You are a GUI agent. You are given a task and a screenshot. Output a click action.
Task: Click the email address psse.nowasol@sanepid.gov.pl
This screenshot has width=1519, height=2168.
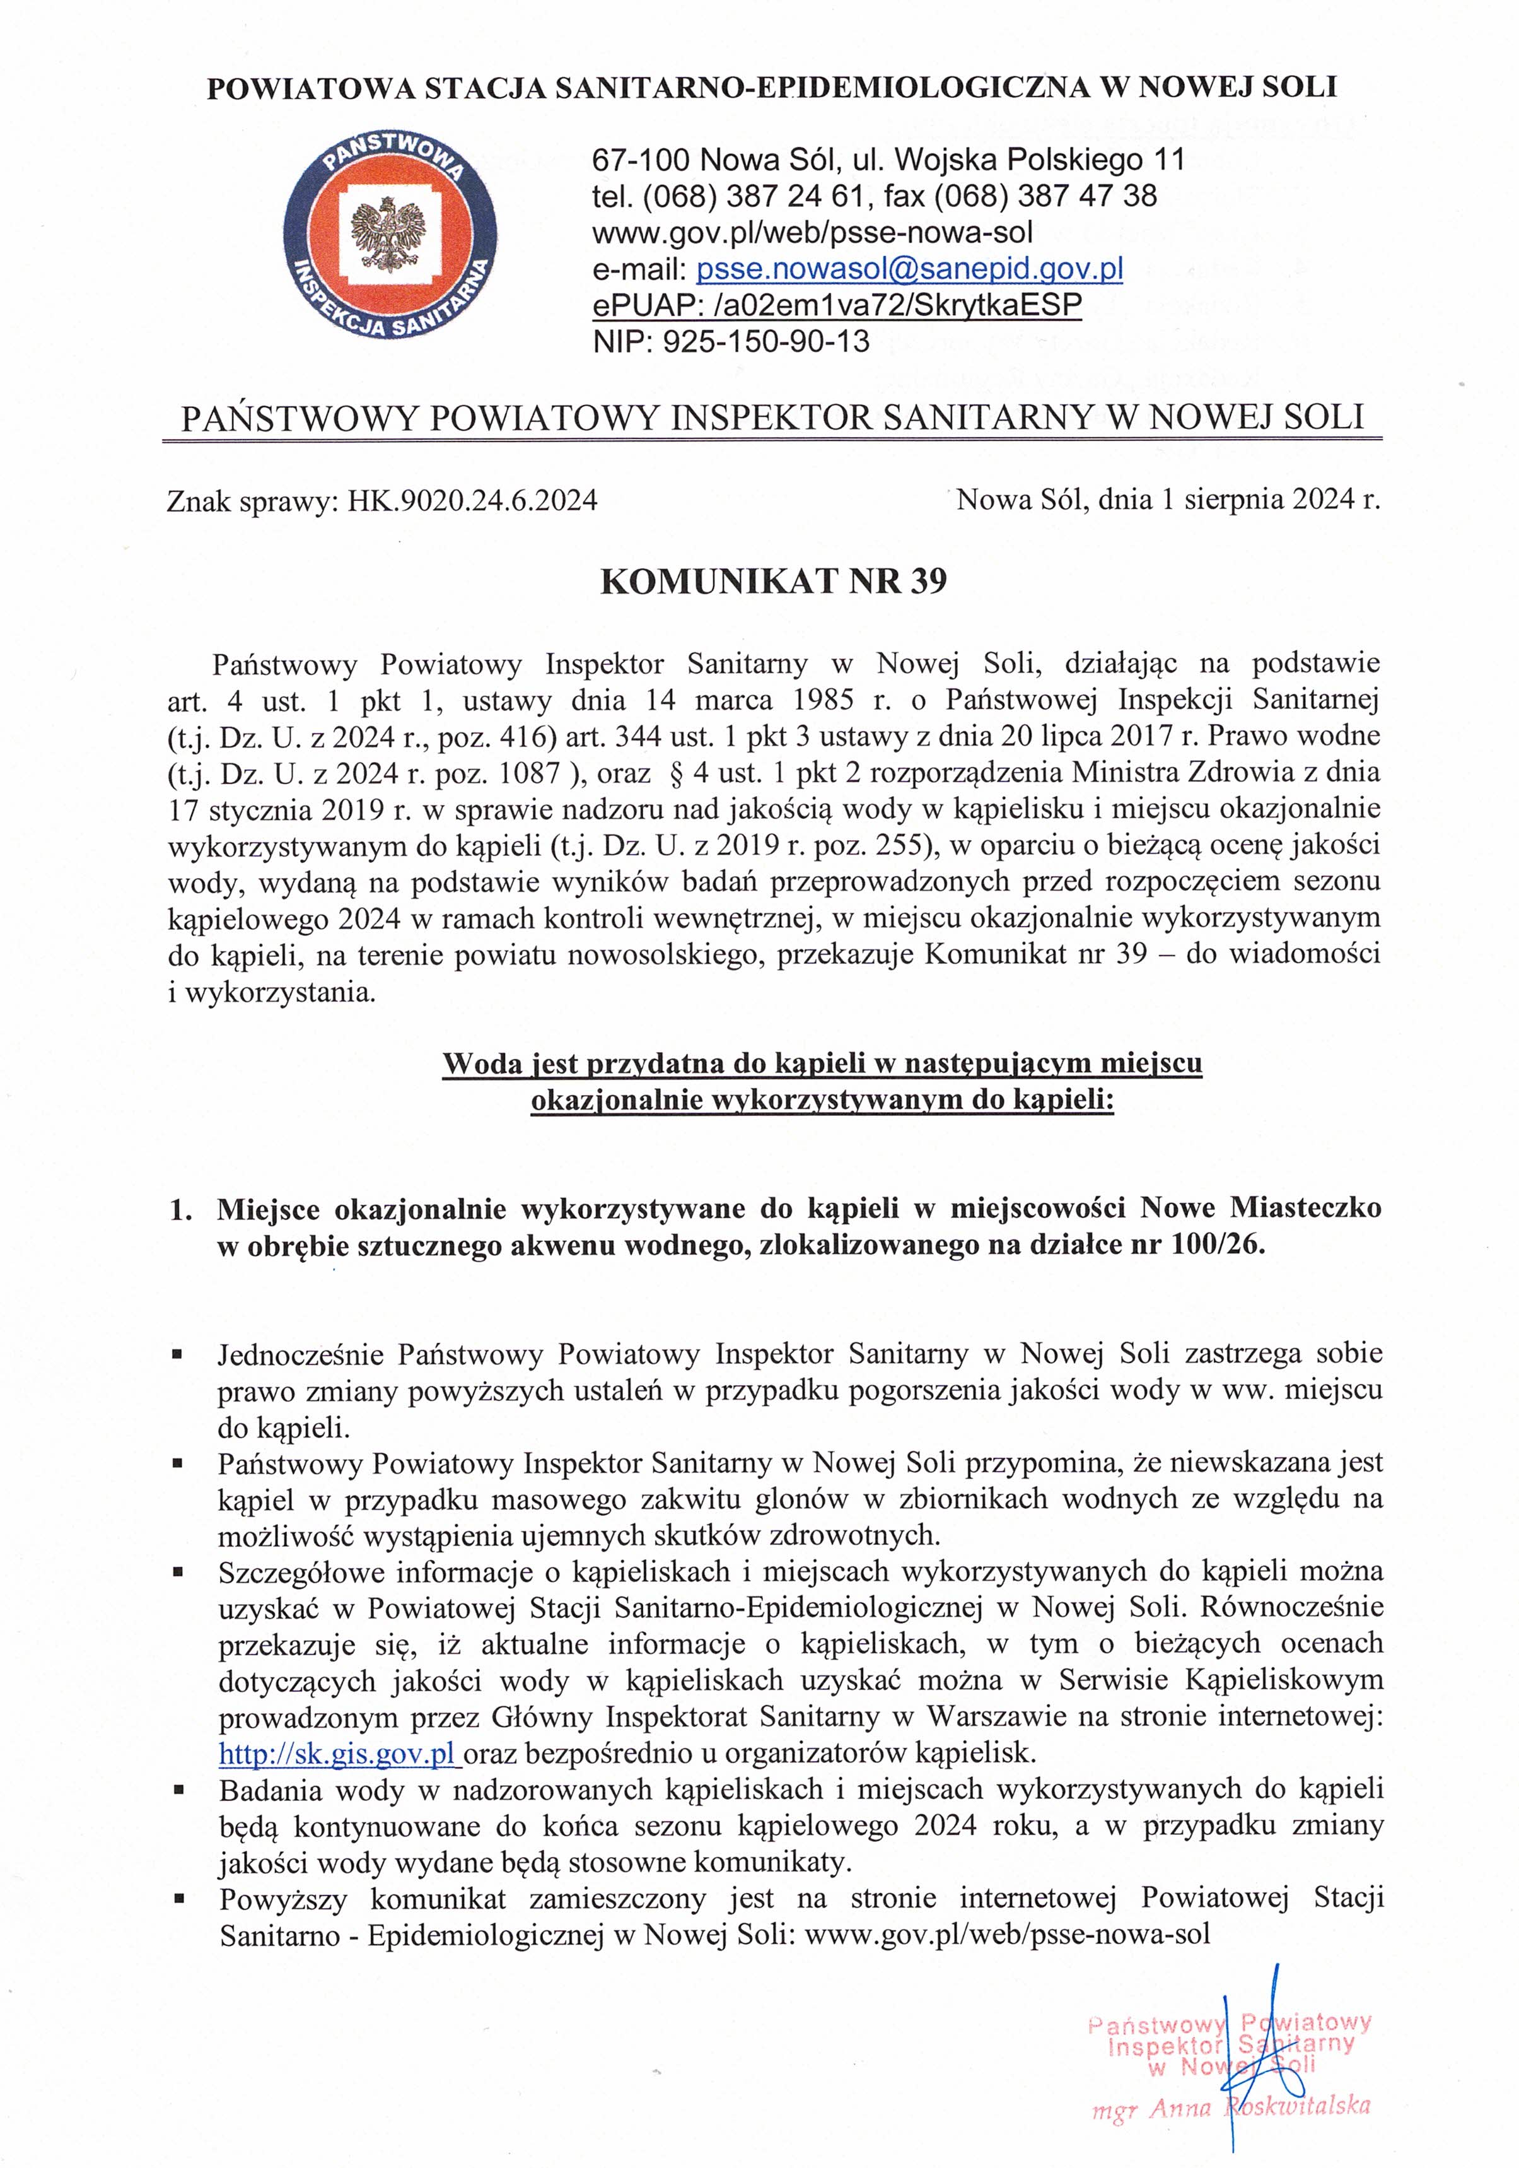click(909, 269)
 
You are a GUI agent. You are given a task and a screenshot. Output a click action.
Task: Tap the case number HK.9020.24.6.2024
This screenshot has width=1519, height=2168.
click(472, 500)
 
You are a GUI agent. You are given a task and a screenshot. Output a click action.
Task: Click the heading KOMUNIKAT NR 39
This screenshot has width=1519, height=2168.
click(773, 582)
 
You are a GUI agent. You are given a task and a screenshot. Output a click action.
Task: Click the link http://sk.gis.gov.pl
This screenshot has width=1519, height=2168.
click(337, 1754)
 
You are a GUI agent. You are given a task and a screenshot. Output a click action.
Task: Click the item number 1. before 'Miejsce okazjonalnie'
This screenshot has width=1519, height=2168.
click(180, 1210)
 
